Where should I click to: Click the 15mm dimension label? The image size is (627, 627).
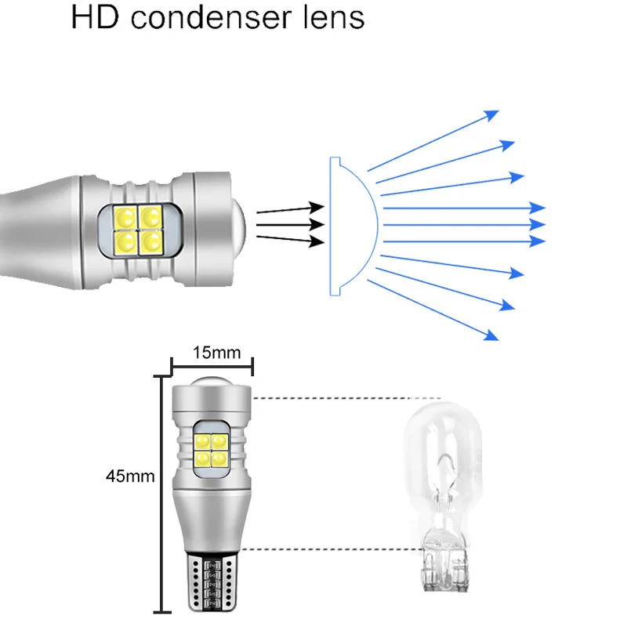214,352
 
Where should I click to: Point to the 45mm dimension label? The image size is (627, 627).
131,476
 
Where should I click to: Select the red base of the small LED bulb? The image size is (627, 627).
209,580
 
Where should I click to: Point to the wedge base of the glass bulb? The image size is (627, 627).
443,560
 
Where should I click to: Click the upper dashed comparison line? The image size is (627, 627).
345,398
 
